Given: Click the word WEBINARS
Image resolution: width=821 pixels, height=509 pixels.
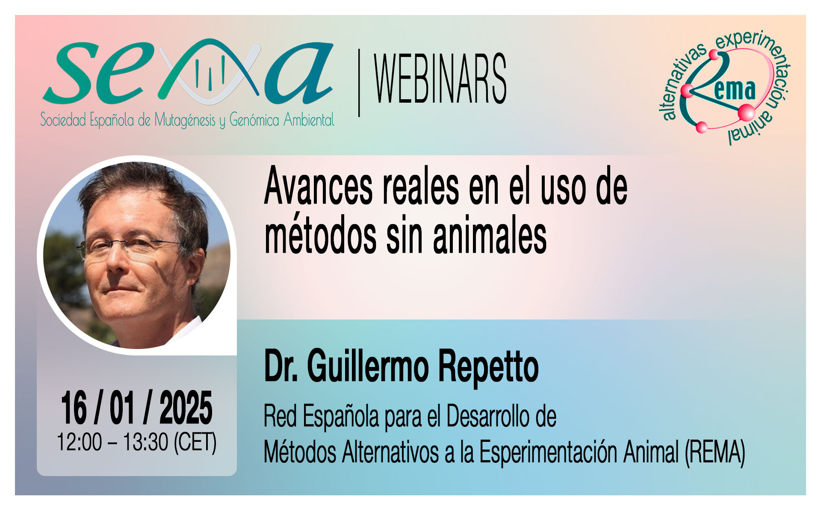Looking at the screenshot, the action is tap(440, 79).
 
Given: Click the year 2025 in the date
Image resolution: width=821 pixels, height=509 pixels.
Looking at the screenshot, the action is tap(186, 408).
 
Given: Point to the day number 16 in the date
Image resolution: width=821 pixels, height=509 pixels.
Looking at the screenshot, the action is tap(74, 408).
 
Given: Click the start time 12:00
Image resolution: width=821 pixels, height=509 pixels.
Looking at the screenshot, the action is tap(80, 442).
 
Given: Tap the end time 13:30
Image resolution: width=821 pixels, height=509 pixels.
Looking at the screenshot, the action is tap(146, 442).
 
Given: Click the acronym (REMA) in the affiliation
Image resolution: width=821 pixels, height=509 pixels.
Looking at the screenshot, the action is tap(715, 452).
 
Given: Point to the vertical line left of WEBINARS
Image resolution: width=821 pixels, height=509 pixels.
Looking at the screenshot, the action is tap(359, 83).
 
